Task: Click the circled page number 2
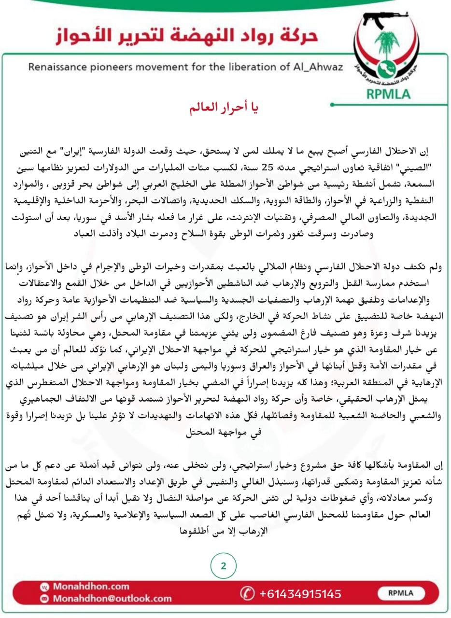(x=224, y=566)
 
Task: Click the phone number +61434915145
(x=300, y=593)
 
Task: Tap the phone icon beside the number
(x=247, y=593)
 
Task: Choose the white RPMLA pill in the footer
(x=400, y=593)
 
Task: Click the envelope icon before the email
(x=44, y=599)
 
